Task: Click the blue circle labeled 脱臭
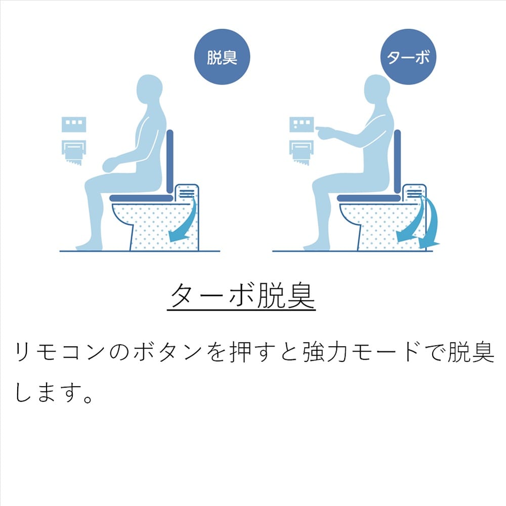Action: click(222, 57)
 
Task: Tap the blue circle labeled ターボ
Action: click(408, 57)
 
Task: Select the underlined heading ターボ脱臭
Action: click(242, 296)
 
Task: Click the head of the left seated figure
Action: click(149, 90)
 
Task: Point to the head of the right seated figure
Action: click(377, 90)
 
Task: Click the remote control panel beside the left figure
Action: click(74, 124)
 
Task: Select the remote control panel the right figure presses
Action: click(302, 124)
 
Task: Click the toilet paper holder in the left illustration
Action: click(74, 152)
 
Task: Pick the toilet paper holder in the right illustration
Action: click(302, 152)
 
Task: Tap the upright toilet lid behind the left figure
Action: click(170, 161)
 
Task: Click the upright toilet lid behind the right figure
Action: click(398, 161)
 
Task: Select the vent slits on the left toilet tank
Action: click(187, 193)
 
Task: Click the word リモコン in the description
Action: click(60, 352)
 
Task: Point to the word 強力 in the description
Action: click(325, 352)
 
